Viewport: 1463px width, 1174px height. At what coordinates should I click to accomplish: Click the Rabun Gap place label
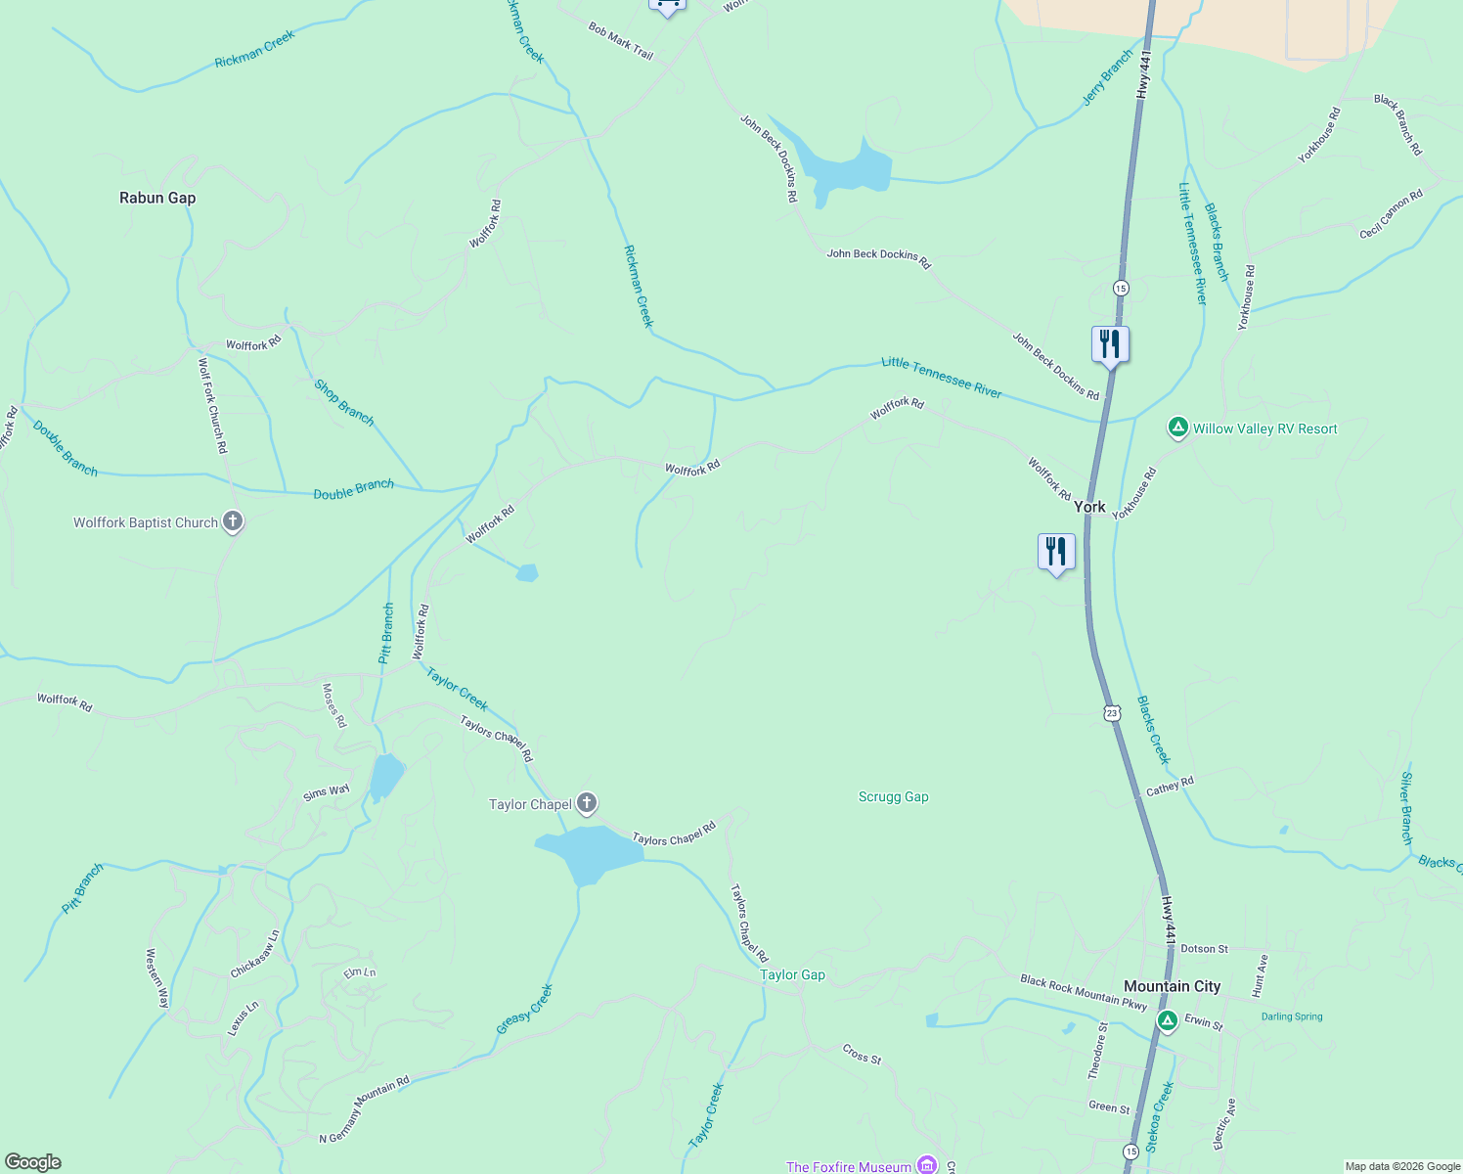coord(157,198)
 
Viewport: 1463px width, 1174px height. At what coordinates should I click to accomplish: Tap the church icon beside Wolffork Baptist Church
coord(233,521)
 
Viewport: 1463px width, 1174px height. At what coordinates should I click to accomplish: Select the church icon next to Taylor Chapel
coord(587,804)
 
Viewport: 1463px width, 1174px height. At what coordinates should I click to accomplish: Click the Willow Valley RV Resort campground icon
coord(1178,428)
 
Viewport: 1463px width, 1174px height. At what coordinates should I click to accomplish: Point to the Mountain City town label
coord(1172,986)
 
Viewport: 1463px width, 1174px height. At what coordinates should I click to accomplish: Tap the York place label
coord(1089,506)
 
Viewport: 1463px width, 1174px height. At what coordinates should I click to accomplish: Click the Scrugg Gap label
coord(893,796)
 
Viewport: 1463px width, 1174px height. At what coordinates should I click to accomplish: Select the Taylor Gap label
coord(792,974)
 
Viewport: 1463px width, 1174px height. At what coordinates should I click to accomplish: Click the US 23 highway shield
coord(1112,713)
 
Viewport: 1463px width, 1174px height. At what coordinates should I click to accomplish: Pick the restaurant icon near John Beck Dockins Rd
coord(1110,344)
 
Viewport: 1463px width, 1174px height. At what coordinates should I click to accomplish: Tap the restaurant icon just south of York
coord(1056,552)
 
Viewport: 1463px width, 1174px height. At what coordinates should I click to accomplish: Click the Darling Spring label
coord(1291,1016)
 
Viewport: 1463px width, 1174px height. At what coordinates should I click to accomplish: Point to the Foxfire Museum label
coord(848,1166)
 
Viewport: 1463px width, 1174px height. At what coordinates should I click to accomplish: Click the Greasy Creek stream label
coord(525,1009)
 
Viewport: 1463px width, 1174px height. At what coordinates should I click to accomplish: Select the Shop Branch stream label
coord(343,402)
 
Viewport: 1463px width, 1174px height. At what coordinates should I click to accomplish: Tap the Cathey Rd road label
coord(1170,786)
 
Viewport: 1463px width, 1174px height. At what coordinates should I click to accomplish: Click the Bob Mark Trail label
coord(620,41)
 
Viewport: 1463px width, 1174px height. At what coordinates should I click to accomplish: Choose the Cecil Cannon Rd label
coord(1391,214)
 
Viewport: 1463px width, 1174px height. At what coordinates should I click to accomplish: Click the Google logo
coord(32,1162)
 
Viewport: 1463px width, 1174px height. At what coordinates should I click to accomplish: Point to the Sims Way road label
coord(326,791)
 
